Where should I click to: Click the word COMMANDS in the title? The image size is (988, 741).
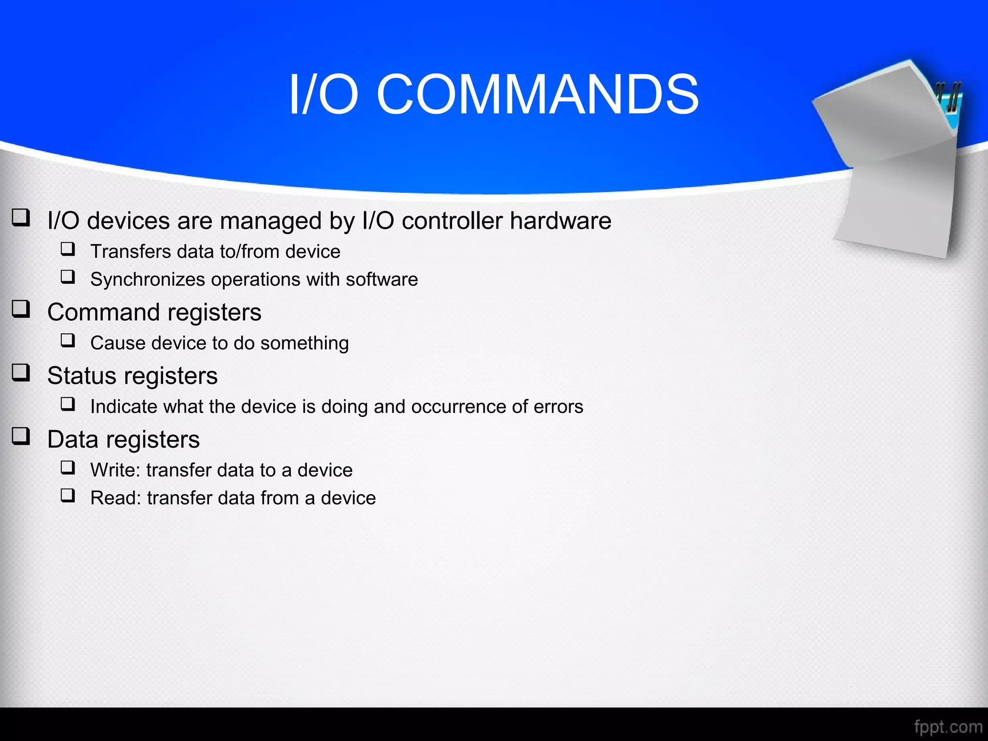[x=537, y=95]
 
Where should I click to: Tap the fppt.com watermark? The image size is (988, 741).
[x=948, y=727]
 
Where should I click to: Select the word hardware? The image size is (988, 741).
[x=561, y=221]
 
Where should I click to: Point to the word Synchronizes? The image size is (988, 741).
[x=147, y=280]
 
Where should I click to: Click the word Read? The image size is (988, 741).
[x=115, y=498]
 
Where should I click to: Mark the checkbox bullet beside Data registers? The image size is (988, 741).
[x=21, y=436]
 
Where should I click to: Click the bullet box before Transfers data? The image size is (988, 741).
[x=68, y=249]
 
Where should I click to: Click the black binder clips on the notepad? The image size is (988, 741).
[x=948, y=96]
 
